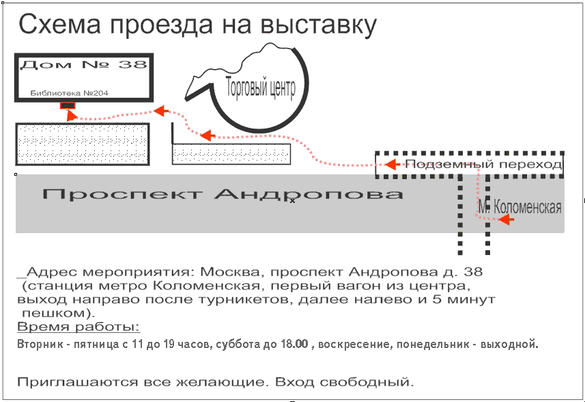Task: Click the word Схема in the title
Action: pos(59,24)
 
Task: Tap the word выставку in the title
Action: pos(318,25)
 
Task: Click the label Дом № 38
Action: pos(83,65)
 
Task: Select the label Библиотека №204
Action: pos(70,93)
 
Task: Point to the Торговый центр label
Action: pos(261,88)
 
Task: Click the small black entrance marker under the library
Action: pos(68,106)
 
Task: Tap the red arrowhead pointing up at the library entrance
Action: pos(71,116)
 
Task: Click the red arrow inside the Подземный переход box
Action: pos(393,164)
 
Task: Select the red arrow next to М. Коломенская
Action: pos(506,219)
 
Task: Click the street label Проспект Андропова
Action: pos(223,194)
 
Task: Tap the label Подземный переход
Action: pos(483,164)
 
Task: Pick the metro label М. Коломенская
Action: pos(519,206)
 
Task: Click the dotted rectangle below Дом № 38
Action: pos(83,144)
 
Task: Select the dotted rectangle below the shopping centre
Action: pos(231,154)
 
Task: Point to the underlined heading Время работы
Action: pos(79,327)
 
